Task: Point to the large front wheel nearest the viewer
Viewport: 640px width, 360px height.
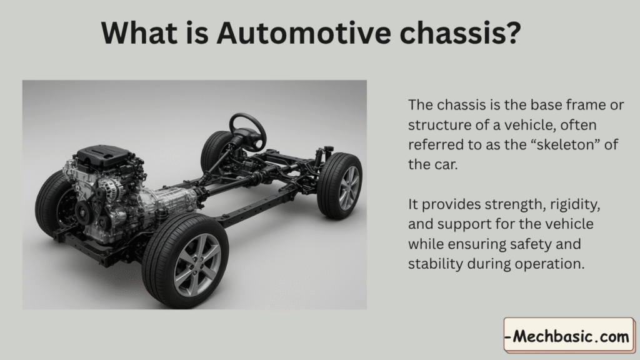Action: coord(185,255)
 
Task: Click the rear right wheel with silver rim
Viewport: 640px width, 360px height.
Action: coord(339,186)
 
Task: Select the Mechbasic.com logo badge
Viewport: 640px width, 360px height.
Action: coord(569,336)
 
